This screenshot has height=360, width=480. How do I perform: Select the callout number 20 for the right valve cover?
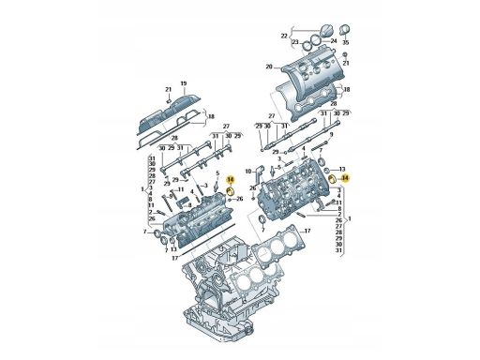coord(268,67)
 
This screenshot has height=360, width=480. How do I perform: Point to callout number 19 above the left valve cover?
coord(183,83)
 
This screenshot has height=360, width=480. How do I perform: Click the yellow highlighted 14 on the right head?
coord(344,176)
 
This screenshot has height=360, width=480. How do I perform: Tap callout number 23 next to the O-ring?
coord(293,43)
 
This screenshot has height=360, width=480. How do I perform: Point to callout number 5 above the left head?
coord(217,174)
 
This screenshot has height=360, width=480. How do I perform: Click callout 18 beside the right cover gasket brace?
coord(347,89)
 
